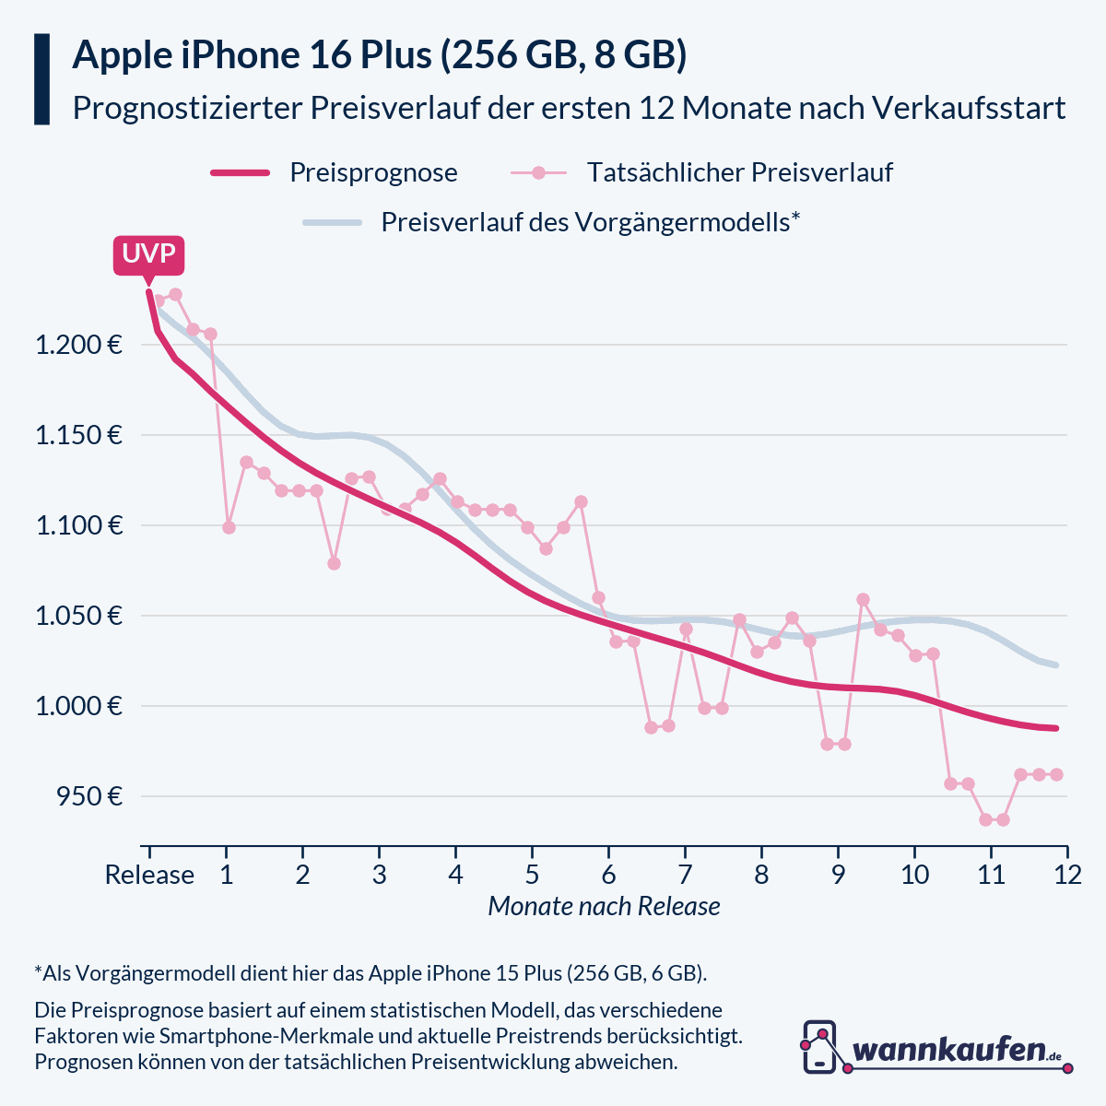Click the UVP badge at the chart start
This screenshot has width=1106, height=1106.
(148, 254)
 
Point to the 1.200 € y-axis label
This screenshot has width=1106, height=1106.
(78, 346)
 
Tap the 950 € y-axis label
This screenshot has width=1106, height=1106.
(89, 796)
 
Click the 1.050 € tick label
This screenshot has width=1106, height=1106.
(78, 616)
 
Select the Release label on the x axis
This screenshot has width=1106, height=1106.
(149, 875)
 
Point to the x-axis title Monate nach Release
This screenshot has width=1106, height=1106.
(604, 907)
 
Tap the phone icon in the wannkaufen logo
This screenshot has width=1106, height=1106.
(819, 1047)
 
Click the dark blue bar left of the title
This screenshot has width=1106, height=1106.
(41, 79)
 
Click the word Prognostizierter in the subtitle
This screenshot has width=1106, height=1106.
(186, 108)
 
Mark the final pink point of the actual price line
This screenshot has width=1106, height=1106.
(1056, 774)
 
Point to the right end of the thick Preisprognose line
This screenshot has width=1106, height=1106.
(1056, 728)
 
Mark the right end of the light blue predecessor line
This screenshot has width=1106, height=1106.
(1056, 665)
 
